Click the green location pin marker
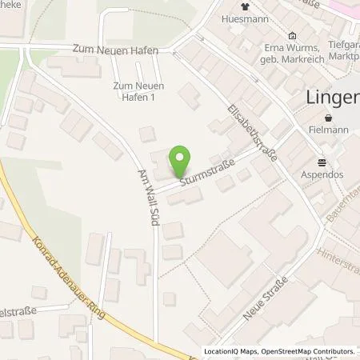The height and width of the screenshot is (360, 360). tap(181, 162)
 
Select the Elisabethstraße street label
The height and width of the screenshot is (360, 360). tap(252, 133)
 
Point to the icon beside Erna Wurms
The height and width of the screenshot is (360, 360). tap(292, 36)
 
